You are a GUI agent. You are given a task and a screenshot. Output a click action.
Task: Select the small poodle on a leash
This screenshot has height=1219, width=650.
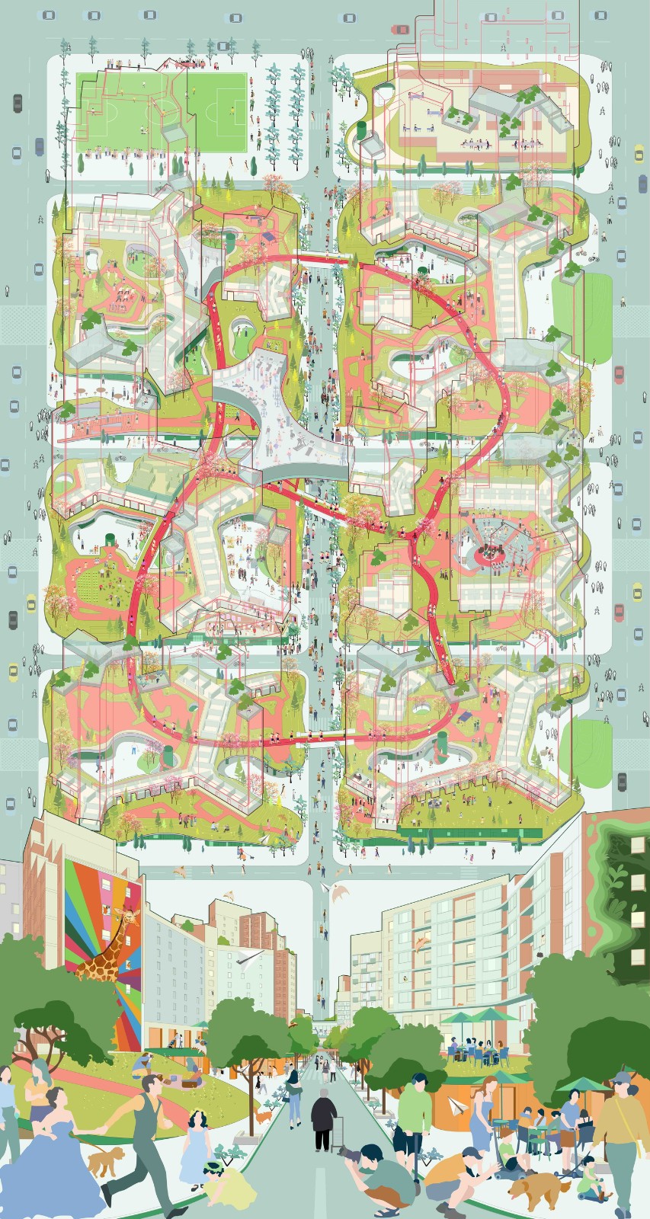coord(105,1160)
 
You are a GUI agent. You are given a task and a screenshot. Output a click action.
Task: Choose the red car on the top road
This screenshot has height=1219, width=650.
coord(400,30)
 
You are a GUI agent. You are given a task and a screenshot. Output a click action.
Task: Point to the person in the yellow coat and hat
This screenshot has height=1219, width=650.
coord(621,1135)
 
